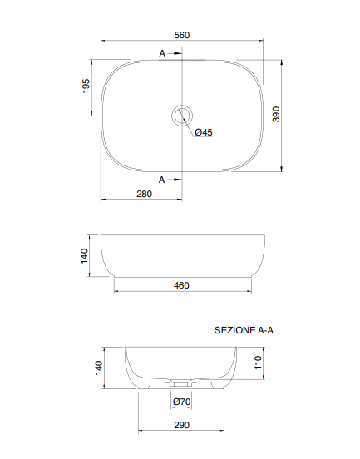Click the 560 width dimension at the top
coord(183,34)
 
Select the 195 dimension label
coord(86,86)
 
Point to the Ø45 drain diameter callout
coord(203,132)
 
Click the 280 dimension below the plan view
coord(143,194)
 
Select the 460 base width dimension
coord(182,285)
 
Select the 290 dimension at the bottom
coord(182,425)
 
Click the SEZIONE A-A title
coord(244,330)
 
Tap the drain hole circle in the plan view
coord(182,115)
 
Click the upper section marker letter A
coord(162,53)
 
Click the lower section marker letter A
coord(162,178)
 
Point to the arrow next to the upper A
coord(175,53)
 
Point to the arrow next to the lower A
coord(175,178)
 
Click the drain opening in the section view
coord(180,385)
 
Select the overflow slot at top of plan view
coord(182,60)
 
